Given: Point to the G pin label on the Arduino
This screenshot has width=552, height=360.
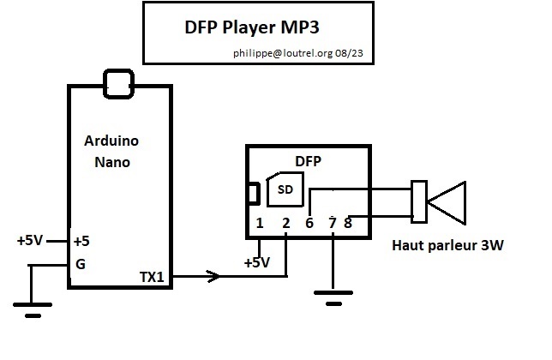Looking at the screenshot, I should tap(80, 265).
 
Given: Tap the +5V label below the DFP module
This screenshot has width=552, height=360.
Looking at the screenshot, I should tap(257, 262).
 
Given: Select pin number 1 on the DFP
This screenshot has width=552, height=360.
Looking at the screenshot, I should tap(259, 224).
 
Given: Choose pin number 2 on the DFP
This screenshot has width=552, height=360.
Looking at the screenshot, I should tap(285, 224).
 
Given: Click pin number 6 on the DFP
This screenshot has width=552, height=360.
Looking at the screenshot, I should tap(309, 224).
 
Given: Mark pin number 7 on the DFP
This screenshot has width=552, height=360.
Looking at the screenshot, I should tap(332, 224).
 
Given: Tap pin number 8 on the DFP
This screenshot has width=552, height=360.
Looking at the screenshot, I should tap(347, 224).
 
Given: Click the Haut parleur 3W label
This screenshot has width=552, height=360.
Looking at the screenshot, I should tap(447, 246).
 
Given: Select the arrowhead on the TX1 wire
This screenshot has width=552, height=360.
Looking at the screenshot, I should tap(212, 276).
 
